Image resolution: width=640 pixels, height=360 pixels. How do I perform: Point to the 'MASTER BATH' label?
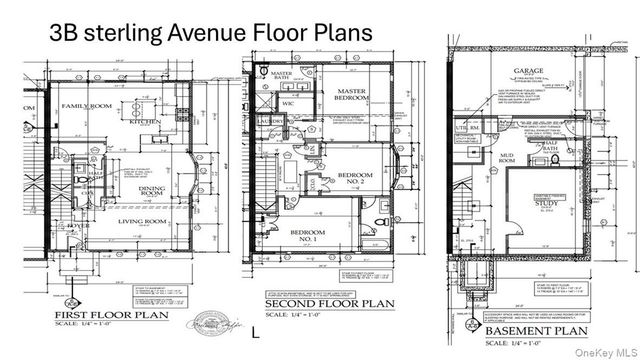pyautogui.click(x=277, y=78)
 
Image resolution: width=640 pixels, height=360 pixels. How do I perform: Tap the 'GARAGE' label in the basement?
pyautogui.click(x=527, y=72)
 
